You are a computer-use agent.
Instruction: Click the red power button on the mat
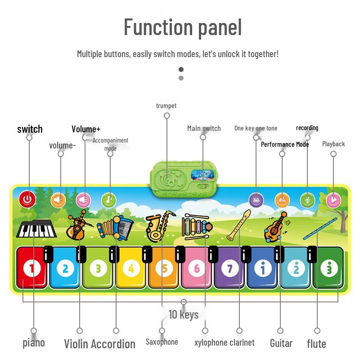coord(27,199)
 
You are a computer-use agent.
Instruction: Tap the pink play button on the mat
coord(333,200)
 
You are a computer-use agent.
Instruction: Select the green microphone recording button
coord(307,200)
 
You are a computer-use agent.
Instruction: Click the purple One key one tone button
coord(256,200)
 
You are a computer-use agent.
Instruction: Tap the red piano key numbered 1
coord(31,267)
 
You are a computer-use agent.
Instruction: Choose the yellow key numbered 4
coord(131,267)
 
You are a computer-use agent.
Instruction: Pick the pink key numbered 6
coord(197,267)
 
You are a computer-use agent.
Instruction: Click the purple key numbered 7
coord(229,267)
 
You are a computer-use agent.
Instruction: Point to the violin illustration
coord(79,225)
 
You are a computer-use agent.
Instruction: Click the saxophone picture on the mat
coord(160,226)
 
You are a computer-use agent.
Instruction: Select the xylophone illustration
coord(196,227)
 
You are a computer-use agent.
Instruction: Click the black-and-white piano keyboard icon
coord(36,229)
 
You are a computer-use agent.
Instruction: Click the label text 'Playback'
coord(333,144)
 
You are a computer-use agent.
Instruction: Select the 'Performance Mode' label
coord(285,144)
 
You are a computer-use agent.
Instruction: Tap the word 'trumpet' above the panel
coord(166,106)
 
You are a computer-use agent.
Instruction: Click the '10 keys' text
coord(184,314)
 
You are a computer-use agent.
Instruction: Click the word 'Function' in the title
coord(158,27)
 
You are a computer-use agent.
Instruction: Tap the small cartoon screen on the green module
coord(203,175)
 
